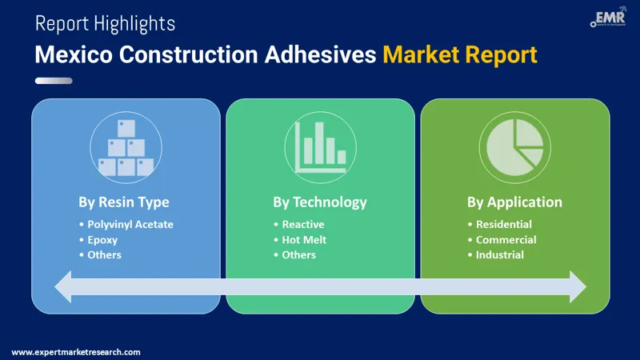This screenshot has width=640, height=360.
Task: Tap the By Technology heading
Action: pos(320,202)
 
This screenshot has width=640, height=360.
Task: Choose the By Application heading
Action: pos(514,202)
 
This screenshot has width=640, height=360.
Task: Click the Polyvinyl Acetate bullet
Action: pos(130,224)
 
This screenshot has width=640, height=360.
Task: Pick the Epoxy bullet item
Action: pos(103,239)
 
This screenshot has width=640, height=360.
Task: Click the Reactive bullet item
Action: pos(303,224)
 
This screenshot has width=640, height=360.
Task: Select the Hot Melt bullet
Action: pos(304,239)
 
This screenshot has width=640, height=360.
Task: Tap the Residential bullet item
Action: pos(503,224)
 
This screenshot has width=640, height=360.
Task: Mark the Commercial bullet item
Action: pos(506,239)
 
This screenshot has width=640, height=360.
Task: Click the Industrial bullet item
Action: pos(499,254)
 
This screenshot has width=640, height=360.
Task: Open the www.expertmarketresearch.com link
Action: pos(76,351)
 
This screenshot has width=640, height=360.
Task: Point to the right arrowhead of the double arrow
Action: pos(578,286)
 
